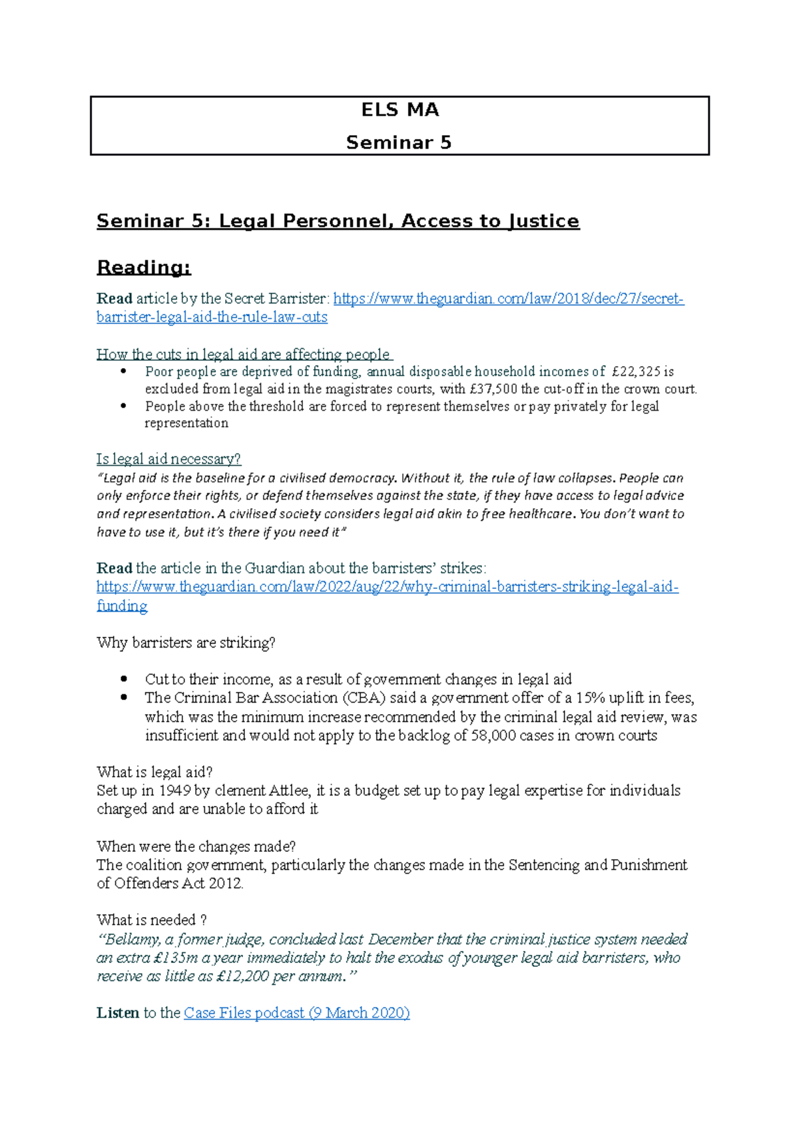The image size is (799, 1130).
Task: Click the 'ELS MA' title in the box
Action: click(400, 110)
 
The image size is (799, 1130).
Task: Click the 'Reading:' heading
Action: click(144, 268)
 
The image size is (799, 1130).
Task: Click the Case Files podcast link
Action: click(296, 1013)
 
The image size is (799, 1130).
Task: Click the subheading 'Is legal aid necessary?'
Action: click(168, 459)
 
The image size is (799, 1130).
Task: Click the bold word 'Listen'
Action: click(118, 1013)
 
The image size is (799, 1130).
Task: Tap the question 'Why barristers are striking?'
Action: click(186, 643)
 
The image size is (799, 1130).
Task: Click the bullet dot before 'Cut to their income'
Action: click(123, 679)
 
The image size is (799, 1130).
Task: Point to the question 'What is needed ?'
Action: click(152, 920)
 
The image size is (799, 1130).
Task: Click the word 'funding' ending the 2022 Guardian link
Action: click(122, 606)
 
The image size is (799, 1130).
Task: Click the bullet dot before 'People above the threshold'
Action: click(123, 406)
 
